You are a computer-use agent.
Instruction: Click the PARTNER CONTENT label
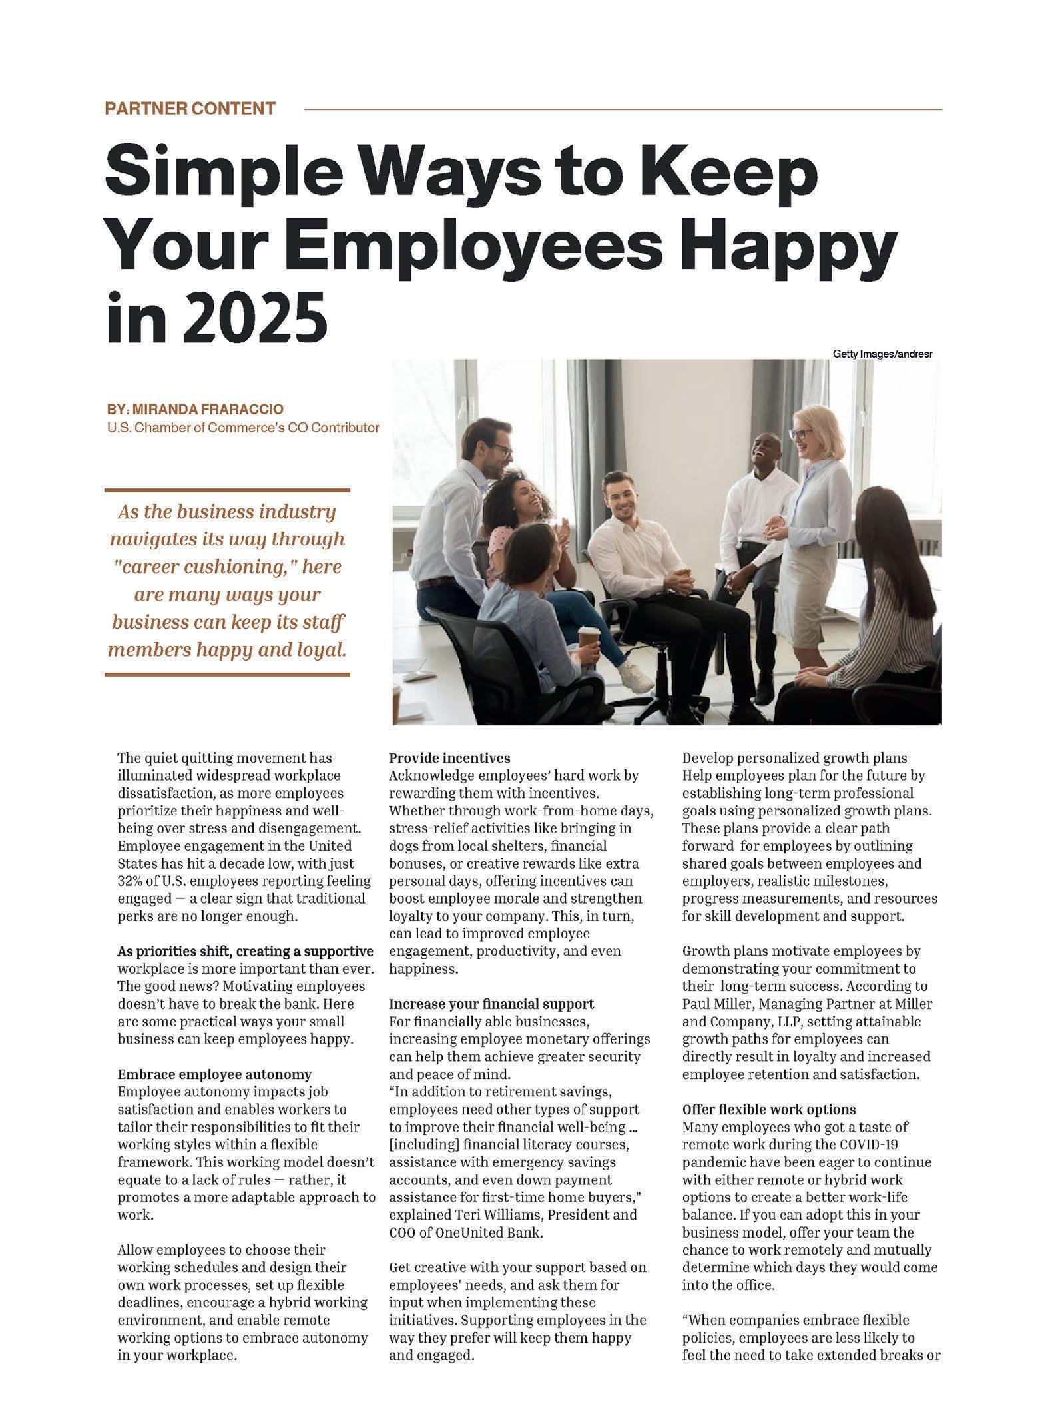coord(190,109)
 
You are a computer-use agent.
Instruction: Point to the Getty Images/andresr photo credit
coord(882,354)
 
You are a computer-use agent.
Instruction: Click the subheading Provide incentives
coord(449,758)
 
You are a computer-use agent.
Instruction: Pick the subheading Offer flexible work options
coord(769,1110)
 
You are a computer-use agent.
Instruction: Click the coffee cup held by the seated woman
coord(588,637)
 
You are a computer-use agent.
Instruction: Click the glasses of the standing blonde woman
coord(800,434)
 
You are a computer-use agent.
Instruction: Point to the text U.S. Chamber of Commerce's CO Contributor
coord(243,427)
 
